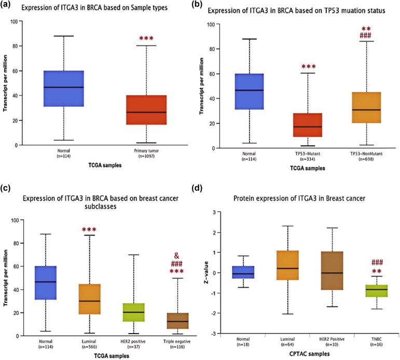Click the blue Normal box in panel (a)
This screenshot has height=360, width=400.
(64, 88)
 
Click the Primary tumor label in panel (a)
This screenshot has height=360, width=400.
(146, 154)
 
